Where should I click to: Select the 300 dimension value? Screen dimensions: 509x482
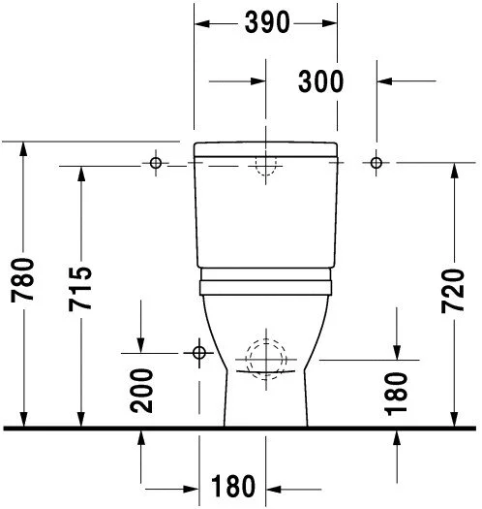click(x=320, y=82)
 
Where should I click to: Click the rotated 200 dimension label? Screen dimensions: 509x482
click(x=142, y=391)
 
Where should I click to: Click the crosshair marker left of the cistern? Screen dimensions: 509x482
click(x=154, y=163)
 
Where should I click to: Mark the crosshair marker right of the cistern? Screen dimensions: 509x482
click(x=377, y=163)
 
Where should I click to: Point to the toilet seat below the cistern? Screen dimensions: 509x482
click(x=265, y=283)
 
